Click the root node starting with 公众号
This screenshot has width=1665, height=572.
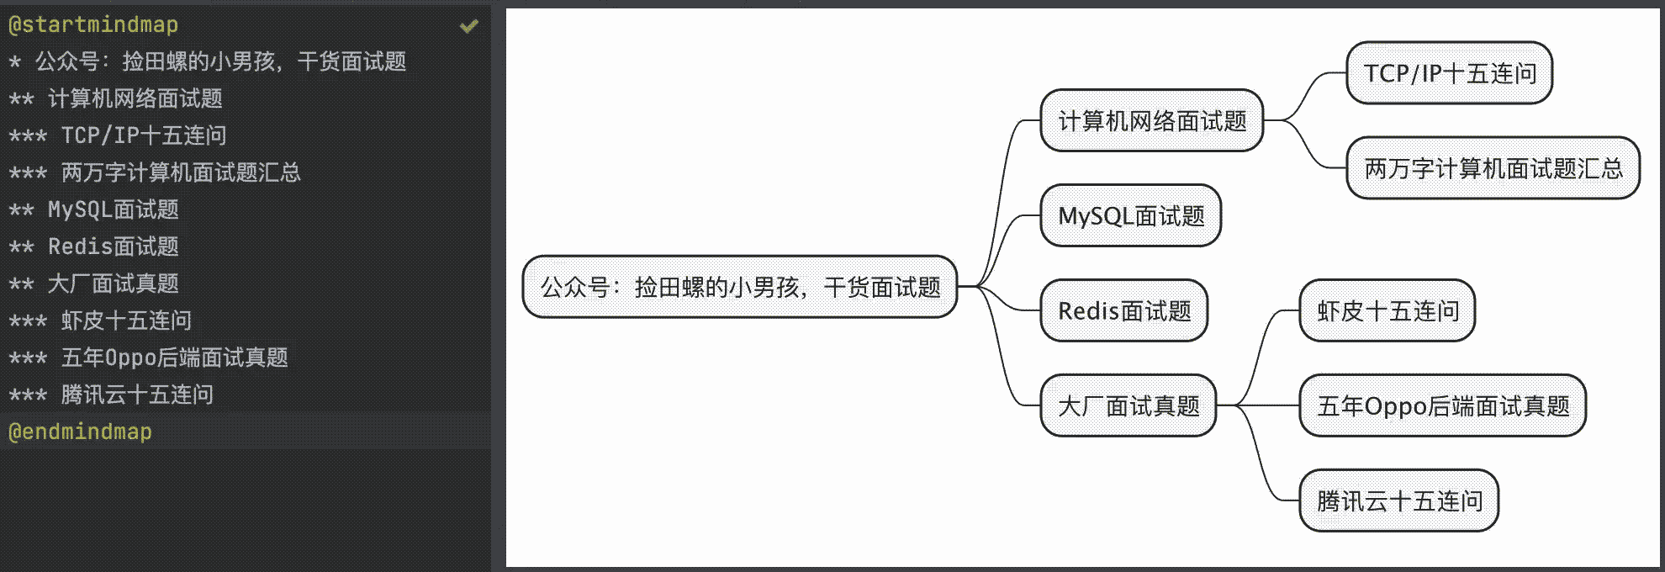739,288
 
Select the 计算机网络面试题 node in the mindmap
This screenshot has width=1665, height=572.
1151,121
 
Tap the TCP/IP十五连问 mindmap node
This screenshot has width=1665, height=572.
1449,74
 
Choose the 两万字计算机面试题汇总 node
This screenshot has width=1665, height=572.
1493,169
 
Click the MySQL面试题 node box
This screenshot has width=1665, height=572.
1130,216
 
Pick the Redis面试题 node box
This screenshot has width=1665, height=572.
1123,311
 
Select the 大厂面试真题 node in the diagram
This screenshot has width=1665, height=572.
1128,406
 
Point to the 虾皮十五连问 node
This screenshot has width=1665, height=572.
1387,311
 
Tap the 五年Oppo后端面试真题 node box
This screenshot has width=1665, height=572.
1442,406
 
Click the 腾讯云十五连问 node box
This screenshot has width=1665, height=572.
1398,501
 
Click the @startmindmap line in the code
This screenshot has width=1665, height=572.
93,24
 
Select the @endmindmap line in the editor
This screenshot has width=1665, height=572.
81,432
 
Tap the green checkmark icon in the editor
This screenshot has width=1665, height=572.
468,26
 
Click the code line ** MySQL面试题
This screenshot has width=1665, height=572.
94,209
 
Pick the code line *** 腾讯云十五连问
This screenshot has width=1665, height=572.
111,395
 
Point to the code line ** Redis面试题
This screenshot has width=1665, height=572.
94,246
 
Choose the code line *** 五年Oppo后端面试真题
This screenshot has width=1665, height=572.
149,357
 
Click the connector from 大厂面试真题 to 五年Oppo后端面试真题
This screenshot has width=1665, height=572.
1258,406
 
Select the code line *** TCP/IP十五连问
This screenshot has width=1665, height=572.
118,135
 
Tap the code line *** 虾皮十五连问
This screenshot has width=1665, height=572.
101,320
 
